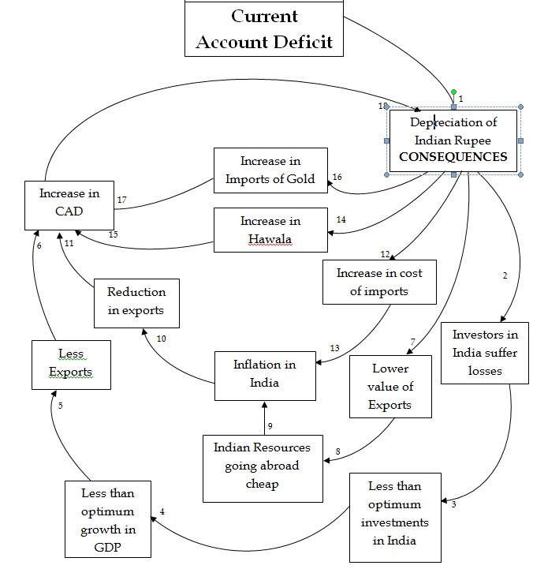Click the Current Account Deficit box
coord(264,28)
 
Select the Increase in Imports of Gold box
coord(270,170)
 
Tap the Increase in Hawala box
coord(270,230)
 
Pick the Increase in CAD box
coord(69,205)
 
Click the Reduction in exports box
coord(136,303)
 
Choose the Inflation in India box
coord(265,376)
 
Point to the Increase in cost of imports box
coord(379,282)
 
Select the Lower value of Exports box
coord(390,387)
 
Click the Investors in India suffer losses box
coord(485,353)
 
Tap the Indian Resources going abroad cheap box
coord(263,469)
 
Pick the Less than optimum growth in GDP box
coord(108,519)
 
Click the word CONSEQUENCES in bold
coord(453,157)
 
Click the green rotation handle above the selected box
coord(453,92)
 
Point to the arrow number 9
coord(265,418)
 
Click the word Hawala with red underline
coord(270,239)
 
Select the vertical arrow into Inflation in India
coord(265,418)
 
